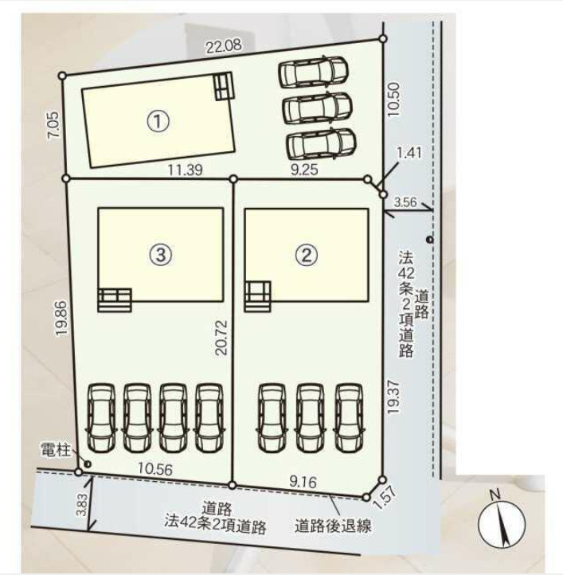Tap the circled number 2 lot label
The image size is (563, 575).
click(307, 254)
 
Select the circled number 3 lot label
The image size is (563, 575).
click(160, 254)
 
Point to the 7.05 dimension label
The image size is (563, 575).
click(53, 125)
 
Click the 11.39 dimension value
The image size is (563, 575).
click(182, 169)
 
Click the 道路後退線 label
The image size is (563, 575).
click(332, 526)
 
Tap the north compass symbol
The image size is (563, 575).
click(501, 522)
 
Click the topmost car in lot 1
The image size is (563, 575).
click(314, 73)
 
